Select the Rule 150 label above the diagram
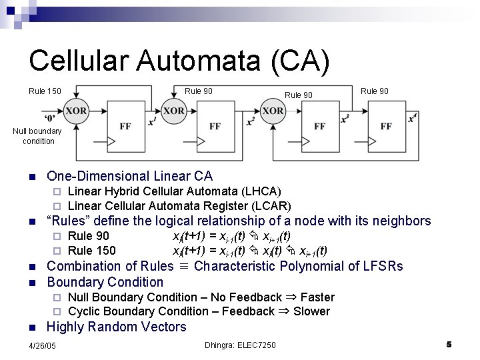pos(45,91)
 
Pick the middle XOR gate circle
pos(173,111)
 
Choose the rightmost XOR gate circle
pos(272,111)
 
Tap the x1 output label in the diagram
pos(153,121)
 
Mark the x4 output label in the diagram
pos(413,118)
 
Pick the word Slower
pos(311,311)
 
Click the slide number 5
pos(449,344)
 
